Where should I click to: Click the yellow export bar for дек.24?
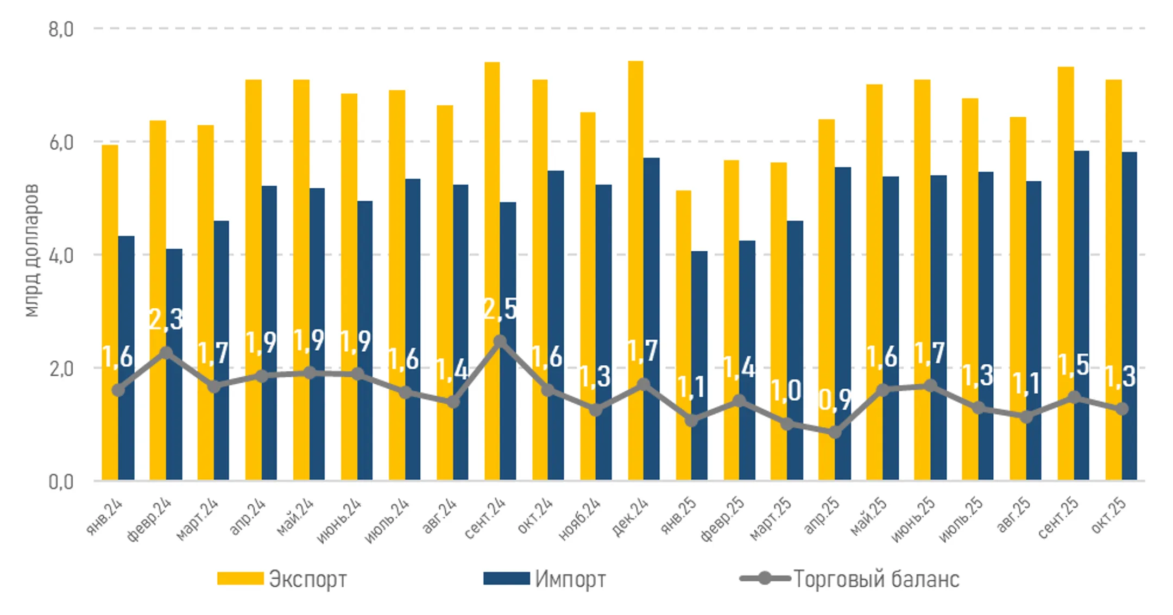coord(635,217)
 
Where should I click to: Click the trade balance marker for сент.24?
coord(500,341)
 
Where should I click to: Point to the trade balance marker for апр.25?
coord(835,432)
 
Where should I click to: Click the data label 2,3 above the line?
coord(166,319)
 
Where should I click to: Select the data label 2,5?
coord(500,309)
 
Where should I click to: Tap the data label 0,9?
coord(835,400)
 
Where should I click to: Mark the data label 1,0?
coord(786,390)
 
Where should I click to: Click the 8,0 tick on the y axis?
coord(61,29)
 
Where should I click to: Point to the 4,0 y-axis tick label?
coord(61,255)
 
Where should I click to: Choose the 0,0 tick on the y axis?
coord(61,481)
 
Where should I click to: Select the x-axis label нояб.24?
coord(580,518)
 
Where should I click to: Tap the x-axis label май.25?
coord(869,516)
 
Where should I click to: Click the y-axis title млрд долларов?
coord(31,250)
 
